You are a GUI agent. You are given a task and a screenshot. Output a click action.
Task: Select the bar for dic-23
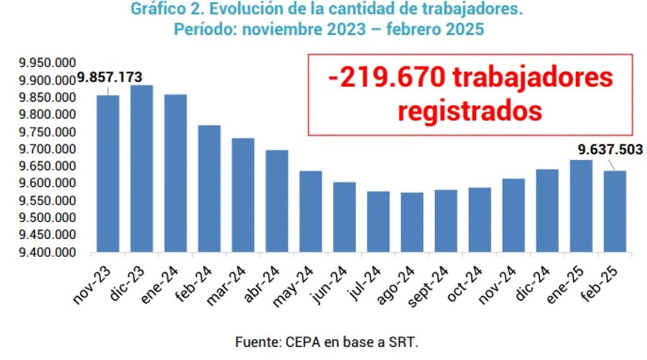[x=142, y=169]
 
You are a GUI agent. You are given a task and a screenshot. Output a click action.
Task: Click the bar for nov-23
[x=108, y=174]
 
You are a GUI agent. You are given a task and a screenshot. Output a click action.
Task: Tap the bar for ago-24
[x=412, y=222]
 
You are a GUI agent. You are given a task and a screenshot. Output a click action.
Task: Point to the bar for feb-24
[x=209, y=189]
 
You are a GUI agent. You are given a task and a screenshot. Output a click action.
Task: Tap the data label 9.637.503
[x=610, y=150]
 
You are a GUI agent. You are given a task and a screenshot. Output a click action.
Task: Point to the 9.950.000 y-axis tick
[x=47, y=64]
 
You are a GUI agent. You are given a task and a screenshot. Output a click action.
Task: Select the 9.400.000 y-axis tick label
[x=47, y=253]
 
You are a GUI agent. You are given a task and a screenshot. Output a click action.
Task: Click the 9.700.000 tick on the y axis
[x=47, y=150]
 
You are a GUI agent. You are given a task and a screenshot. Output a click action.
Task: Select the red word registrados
[x=470, y=111]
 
